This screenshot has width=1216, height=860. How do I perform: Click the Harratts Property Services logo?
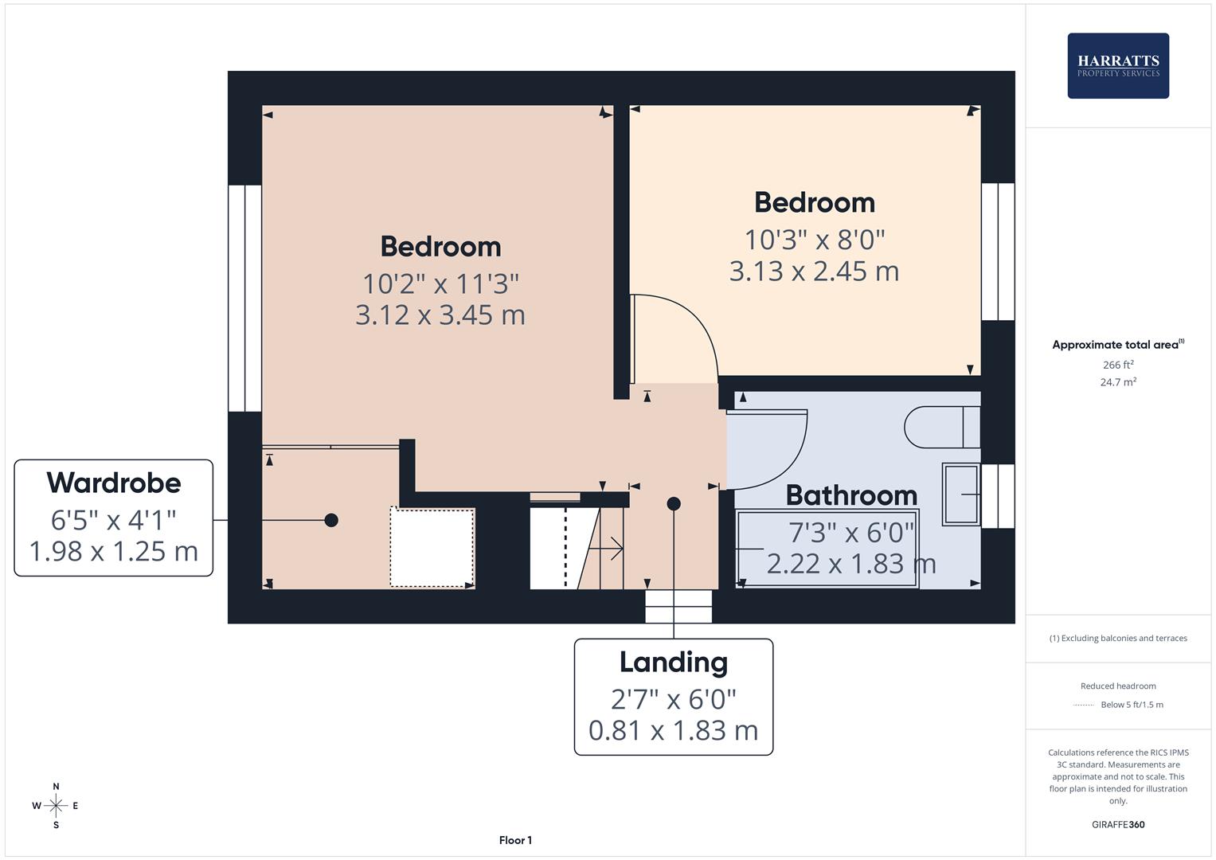click(1117, 66)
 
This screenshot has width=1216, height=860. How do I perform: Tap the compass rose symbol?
click(56, 806)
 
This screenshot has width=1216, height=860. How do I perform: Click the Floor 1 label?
click(515, 840)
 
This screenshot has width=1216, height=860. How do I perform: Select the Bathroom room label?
click(851, 495)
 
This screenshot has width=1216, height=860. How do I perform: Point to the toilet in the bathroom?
click(940, 428)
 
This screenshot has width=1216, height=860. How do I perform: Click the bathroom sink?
click(961, 494)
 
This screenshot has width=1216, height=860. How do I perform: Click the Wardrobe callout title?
click(114, 483)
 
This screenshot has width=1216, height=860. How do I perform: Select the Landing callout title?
click(674, 662)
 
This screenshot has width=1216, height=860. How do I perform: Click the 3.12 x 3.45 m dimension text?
click(440, 315)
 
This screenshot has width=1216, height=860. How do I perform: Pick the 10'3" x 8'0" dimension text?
click(815, 239)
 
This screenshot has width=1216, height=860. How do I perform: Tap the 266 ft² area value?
click(1118, 365)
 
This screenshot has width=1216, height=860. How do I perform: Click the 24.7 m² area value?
click(1118, 382)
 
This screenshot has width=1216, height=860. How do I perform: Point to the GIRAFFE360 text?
click(1118, 824)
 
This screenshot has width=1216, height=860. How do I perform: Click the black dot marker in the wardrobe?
click(331, 520)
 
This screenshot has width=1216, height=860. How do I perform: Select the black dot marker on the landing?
click(674, 503)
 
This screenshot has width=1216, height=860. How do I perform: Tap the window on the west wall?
click(244, 299)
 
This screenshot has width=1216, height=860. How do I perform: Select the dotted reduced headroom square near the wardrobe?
click(432, 548)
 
